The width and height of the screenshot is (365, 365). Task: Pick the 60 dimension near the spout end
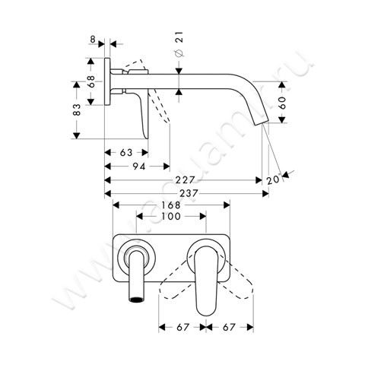coord(282,103)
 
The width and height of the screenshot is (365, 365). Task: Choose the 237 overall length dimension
coord(185,193)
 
